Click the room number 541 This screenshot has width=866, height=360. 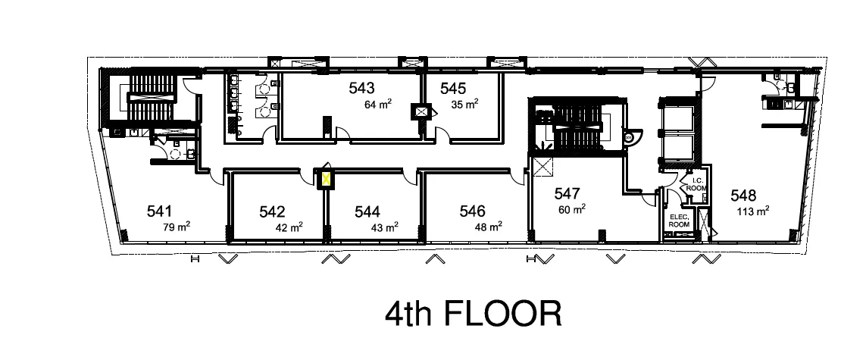(x=160, y=211)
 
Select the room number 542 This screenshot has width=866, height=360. (x=272, y=212)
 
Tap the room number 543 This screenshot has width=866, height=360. (x=361, y=88)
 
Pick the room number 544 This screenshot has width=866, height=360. (x=367, y=212)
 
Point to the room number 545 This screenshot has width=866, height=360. (x=453, y=88)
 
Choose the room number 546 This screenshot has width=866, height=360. (x=472, y=211)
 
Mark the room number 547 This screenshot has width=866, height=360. (x=567, y=193)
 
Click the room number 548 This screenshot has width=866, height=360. (x=743, y=195)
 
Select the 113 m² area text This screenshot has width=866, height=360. (x=753, y=211)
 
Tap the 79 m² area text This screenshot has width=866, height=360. (x=177, y=227)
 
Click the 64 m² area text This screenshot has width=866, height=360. (x=378, y=104)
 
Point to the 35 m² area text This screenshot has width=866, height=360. (x=464, y=104)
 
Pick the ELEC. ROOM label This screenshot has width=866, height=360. (x=679, y=221)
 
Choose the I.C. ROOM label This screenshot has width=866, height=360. (x=696, y=184)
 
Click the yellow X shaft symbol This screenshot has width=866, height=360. (x=327, y=180)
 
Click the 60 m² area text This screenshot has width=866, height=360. (x=572, y=209)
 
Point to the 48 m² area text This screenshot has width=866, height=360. (x=488, y=227)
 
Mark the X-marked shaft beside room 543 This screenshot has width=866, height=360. (x=421, y=112)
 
